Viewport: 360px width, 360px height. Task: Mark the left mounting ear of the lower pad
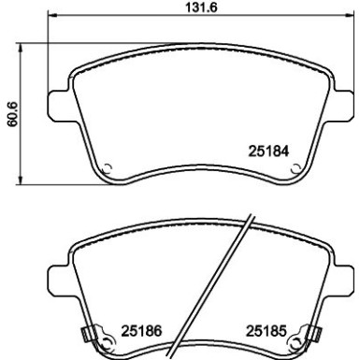[x=58, y=279]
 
